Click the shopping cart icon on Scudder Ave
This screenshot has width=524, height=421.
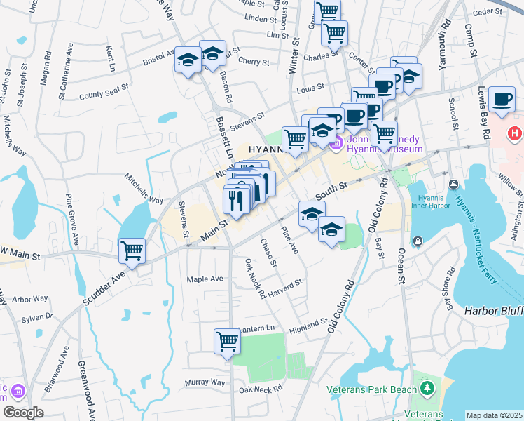132,250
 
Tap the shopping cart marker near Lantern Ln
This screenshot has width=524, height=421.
227,341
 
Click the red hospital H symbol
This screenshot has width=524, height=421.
514,132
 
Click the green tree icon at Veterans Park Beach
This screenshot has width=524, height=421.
427,387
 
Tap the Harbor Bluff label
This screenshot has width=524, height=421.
493,310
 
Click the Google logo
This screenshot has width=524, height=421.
23,413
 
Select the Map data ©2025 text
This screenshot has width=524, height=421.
494,415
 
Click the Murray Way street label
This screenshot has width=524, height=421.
205,383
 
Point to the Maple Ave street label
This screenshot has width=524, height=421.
205,279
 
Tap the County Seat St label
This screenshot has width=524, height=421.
104,92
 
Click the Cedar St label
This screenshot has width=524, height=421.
483,12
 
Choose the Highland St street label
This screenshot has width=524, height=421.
308,325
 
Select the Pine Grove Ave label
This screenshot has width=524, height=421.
72,219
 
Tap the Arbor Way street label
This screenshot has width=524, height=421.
30,299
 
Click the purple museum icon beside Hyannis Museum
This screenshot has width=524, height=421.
335,144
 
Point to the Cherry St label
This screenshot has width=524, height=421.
254,62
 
